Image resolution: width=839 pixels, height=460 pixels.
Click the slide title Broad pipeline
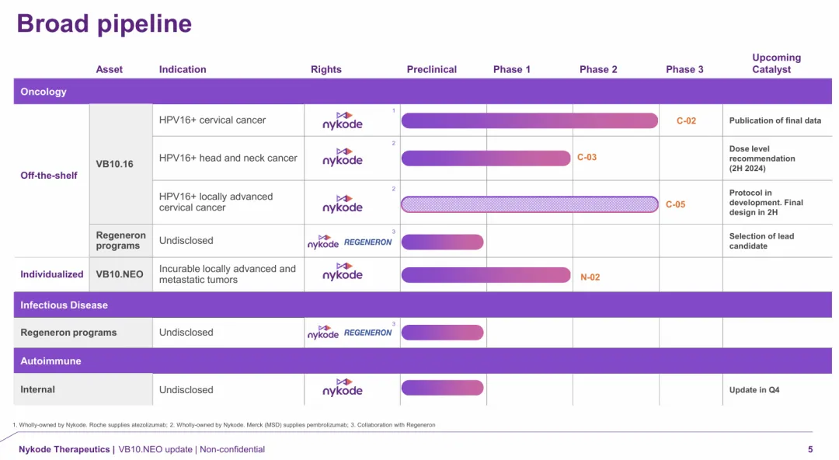point(104,23)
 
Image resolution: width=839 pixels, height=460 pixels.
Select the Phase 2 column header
point(598,69)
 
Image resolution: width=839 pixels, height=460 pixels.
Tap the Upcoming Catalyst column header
point(775,64)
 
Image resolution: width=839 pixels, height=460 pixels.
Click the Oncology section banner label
point(44,92)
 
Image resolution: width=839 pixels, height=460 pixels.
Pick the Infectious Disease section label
point(64,305)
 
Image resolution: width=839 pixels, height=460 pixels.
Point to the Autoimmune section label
point(50,361)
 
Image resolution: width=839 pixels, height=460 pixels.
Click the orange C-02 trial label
point(686,121)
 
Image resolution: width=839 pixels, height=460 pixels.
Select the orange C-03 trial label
point(587,158)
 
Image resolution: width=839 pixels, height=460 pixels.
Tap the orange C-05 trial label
point(675,205)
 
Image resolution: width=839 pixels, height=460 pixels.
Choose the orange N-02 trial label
point(590,277)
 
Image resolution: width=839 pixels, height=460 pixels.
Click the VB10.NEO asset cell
point(120,274)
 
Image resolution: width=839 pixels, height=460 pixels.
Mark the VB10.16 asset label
point(115,164)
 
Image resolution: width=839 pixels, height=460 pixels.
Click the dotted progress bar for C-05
point(529,204)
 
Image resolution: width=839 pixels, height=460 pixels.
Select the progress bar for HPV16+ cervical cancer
point(529,120)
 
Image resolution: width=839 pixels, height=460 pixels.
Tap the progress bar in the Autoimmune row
point(442,388)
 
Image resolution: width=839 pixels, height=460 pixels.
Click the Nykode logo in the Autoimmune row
point(343,388)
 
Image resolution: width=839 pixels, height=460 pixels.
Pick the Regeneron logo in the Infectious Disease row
point(367,333)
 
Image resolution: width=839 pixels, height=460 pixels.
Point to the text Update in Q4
point(754,390)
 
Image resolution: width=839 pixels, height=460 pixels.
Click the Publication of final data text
point(775,120)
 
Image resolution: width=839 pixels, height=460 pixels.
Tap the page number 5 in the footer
point(810,449)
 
